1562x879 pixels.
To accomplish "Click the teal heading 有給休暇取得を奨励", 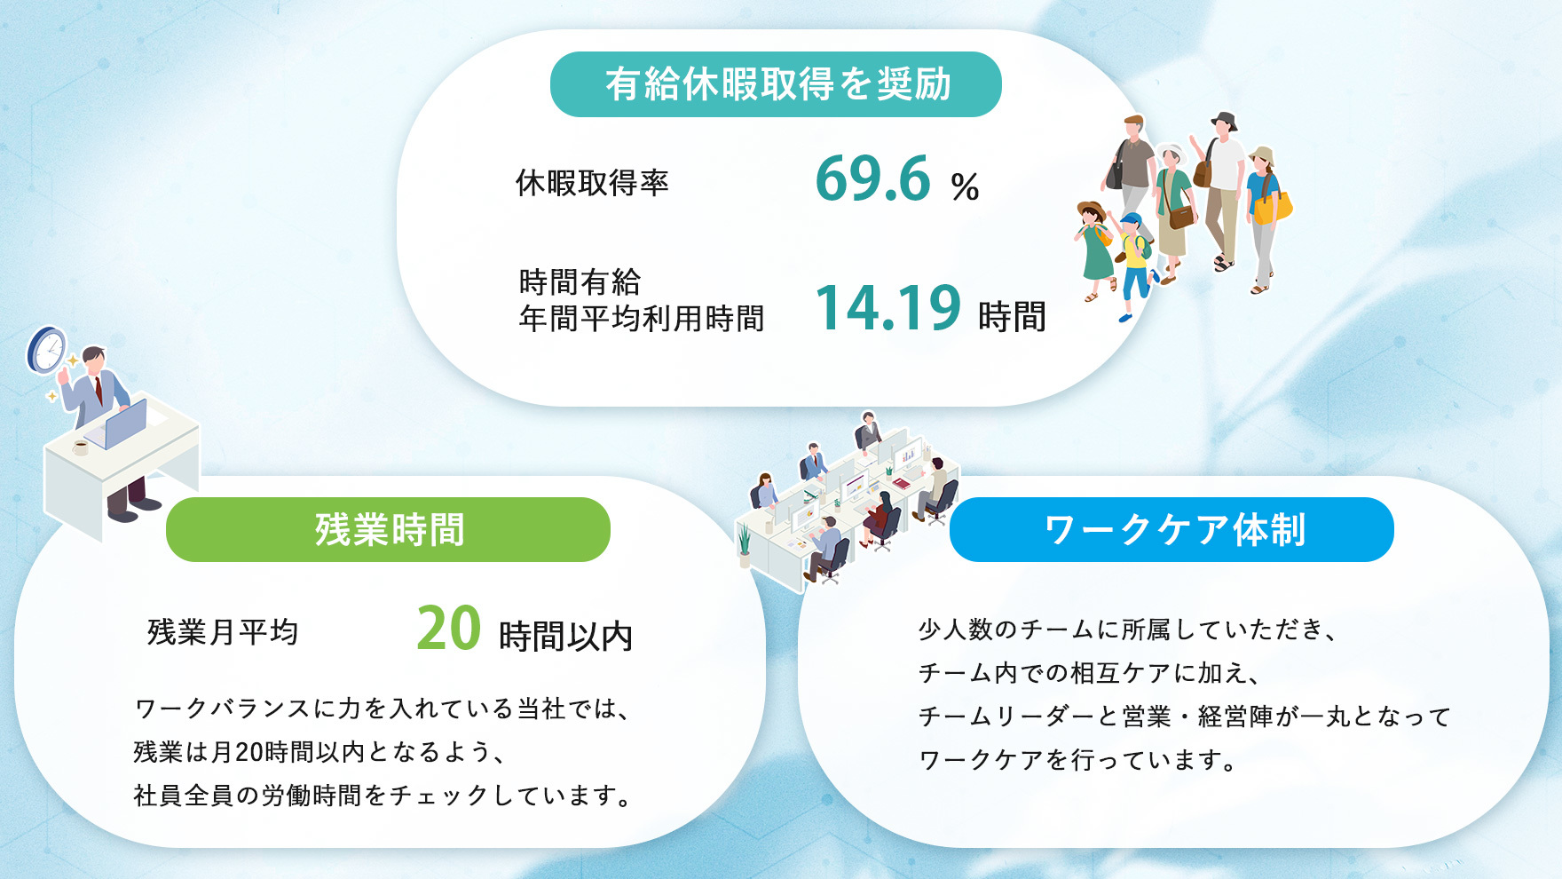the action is pos(777,84).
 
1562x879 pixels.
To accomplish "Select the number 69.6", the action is pos(872,178).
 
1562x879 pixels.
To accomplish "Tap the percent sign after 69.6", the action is pos(965,186).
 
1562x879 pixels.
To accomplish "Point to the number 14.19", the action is pos(887,308).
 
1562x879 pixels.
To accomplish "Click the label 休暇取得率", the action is pos(592,183).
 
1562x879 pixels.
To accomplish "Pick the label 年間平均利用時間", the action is pos(642,318).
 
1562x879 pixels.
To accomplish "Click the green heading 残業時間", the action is pos(389,529).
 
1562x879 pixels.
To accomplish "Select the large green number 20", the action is pos(449,629).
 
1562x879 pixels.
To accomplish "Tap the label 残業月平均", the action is pos(223,632).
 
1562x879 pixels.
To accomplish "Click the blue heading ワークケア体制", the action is pos(1173,529).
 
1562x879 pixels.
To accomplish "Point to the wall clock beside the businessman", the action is pos(47,350).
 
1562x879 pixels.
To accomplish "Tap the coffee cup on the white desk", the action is pos(81,447).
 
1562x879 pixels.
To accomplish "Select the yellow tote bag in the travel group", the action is pos(1273,208).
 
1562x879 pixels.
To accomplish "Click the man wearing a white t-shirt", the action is pos(1224,191).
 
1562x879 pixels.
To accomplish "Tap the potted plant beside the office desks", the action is pos(745,545).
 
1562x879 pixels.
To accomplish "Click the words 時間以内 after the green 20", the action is pos(565,636).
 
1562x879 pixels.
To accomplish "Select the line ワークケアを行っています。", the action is pos(1077,760).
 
